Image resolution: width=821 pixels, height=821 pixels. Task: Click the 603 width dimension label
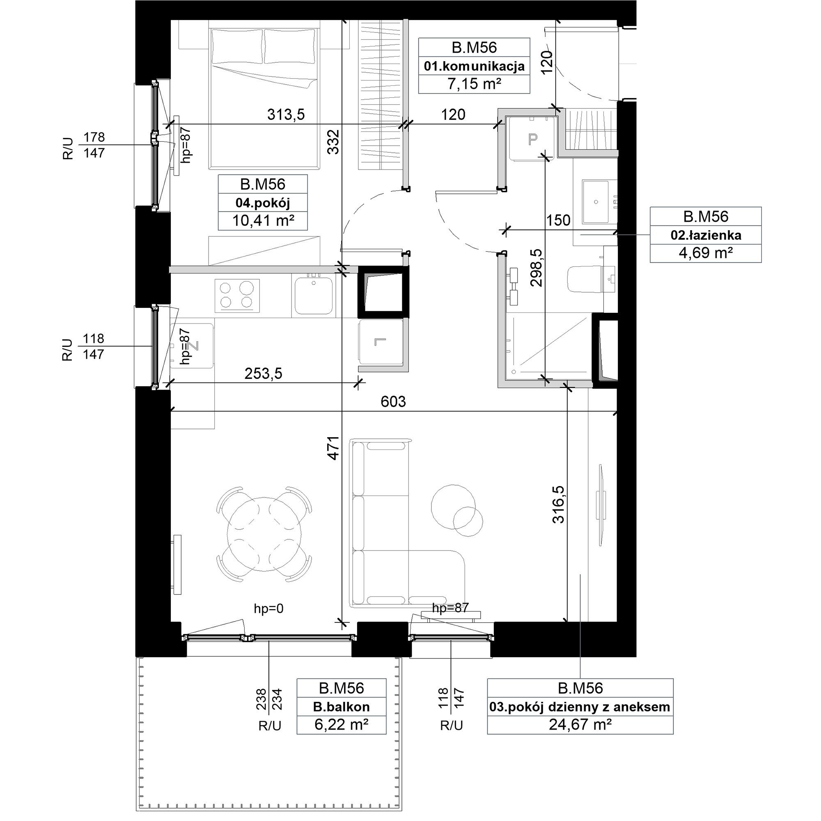click(393, 401)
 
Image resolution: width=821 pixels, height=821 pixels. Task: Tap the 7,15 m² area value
click(474, 84)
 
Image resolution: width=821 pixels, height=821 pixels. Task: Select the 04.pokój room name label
click(263, 203)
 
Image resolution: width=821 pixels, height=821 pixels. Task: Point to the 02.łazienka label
click(706, 235)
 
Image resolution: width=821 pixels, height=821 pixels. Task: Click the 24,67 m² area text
click(580, 724)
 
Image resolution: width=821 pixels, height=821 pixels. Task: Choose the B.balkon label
click(341, 707)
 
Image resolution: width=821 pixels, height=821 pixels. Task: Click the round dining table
click(264, 534)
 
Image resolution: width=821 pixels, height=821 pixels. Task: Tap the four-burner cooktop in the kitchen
click(237, 296)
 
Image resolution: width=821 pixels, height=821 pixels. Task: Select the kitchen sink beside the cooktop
click(314, 296)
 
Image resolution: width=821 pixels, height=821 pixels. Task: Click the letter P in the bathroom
click(532, 139)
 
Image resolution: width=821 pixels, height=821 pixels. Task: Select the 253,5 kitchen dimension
click(264, 374)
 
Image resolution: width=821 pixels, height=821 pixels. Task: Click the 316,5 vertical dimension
click(558, 505)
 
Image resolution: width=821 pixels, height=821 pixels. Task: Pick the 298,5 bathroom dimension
click(536, 268)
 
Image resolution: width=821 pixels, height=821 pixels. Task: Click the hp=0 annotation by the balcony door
click(268, 608)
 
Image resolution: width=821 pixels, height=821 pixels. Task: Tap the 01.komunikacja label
click(474, 66)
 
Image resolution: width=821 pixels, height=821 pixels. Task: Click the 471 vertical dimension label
click(334, 448)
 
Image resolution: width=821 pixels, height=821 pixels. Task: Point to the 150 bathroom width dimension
click(558, 220)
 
